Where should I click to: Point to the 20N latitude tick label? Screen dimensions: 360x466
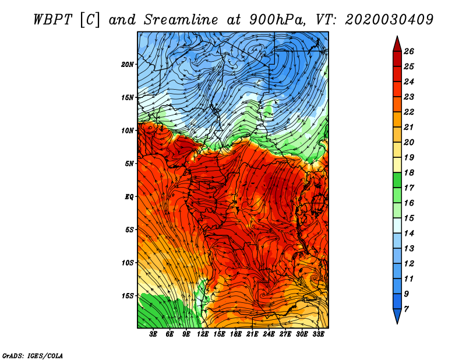128,64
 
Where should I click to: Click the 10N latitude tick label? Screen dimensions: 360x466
128,130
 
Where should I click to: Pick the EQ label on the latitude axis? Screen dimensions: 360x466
129,197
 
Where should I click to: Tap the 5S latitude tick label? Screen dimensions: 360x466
129,230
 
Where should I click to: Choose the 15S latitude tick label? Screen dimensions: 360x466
128,296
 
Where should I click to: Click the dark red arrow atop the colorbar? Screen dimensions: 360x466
397,43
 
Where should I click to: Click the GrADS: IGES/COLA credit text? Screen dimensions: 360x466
32,355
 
